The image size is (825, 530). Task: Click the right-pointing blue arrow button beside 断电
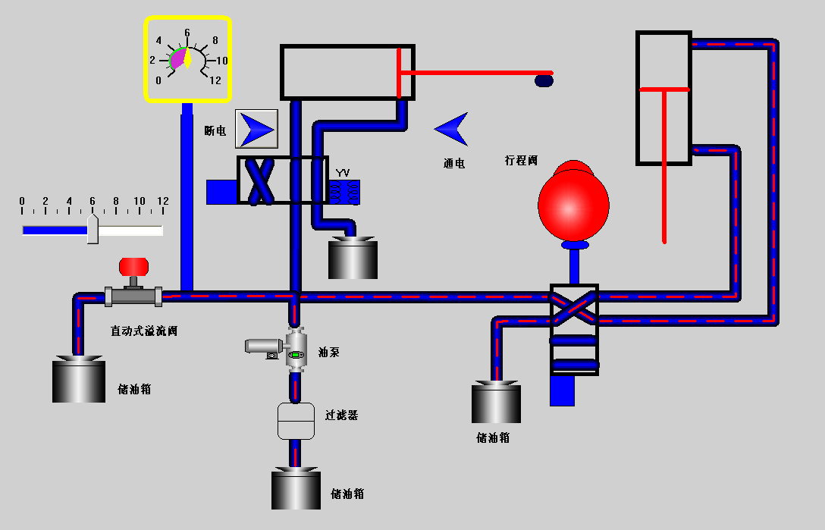click(257, 128)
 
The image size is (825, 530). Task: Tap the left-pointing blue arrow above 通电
click(452, 129)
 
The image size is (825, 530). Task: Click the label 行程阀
click(521, 161)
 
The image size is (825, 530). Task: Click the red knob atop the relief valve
click(133, 266)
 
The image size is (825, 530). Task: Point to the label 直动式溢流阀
click(144, 331)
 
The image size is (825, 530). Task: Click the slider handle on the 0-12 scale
click(93, 229)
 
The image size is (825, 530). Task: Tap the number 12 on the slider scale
click(162, 201)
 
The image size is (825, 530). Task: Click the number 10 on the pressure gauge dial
click(222, 60)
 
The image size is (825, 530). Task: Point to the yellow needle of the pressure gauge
click(187, 58)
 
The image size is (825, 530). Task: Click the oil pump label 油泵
click(329, 352)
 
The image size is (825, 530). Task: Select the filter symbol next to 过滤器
click(296, 421)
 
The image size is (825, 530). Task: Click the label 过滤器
click(341, 416)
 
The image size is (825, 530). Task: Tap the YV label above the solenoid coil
click(342, 174)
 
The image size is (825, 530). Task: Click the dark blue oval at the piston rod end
click(544, 80)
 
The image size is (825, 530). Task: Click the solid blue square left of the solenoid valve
click(221, 192)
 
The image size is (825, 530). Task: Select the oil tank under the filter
click(296, 490)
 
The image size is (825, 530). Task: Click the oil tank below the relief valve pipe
click(78, 380)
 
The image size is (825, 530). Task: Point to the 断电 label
click(215, 130)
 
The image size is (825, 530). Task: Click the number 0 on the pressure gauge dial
click(158, 80)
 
